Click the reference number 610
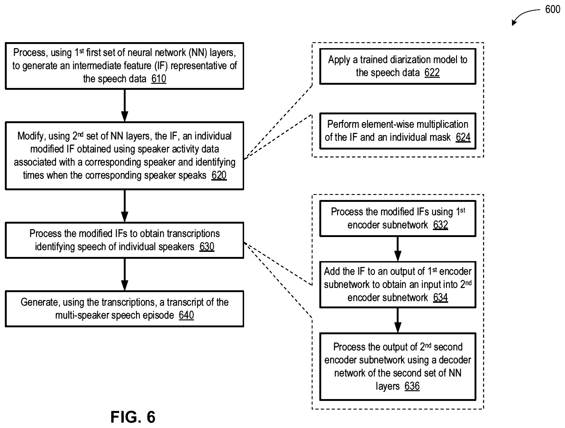click(159, 79)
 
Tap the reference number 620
click(219, 175)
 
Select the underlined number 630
click(207, 247)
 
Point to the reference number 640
click(186, 315)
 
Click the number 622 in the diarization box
click(432, 73)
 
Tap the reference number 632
click(441, 225)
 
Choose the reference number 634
click(441, 297)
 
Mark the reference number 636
click(412, 386)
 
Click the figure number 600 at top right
click(553, 9)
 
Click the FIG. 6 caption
click(133, 417)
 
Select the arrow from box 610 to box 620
click(125, 106)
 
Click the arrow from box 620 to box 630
click(125, 206)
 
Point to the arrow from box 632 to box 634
click(398, 249)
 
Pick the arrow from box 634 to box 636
click(398, 320)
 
